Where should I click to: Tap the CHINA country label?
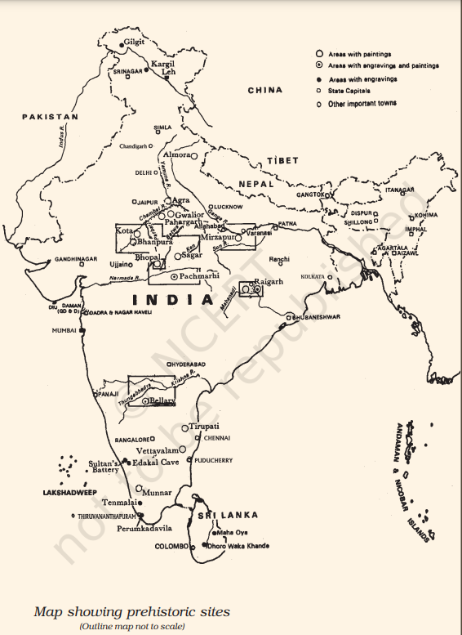[265, 90]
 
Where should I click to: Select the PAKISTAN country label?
[51, 117]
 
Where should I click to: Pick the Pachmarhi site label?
[199, 277]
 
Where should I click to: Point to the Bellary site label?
[162, 400]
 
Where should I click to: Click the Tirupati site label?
[204, 427]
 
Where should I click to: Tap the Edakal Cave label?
[158, 462]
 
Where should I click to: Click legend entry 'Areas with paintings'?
[359, 54]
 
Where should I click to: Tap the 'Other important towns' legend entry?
[362, 104]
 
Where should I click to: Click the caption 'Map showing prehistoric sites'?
[131, 610]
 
